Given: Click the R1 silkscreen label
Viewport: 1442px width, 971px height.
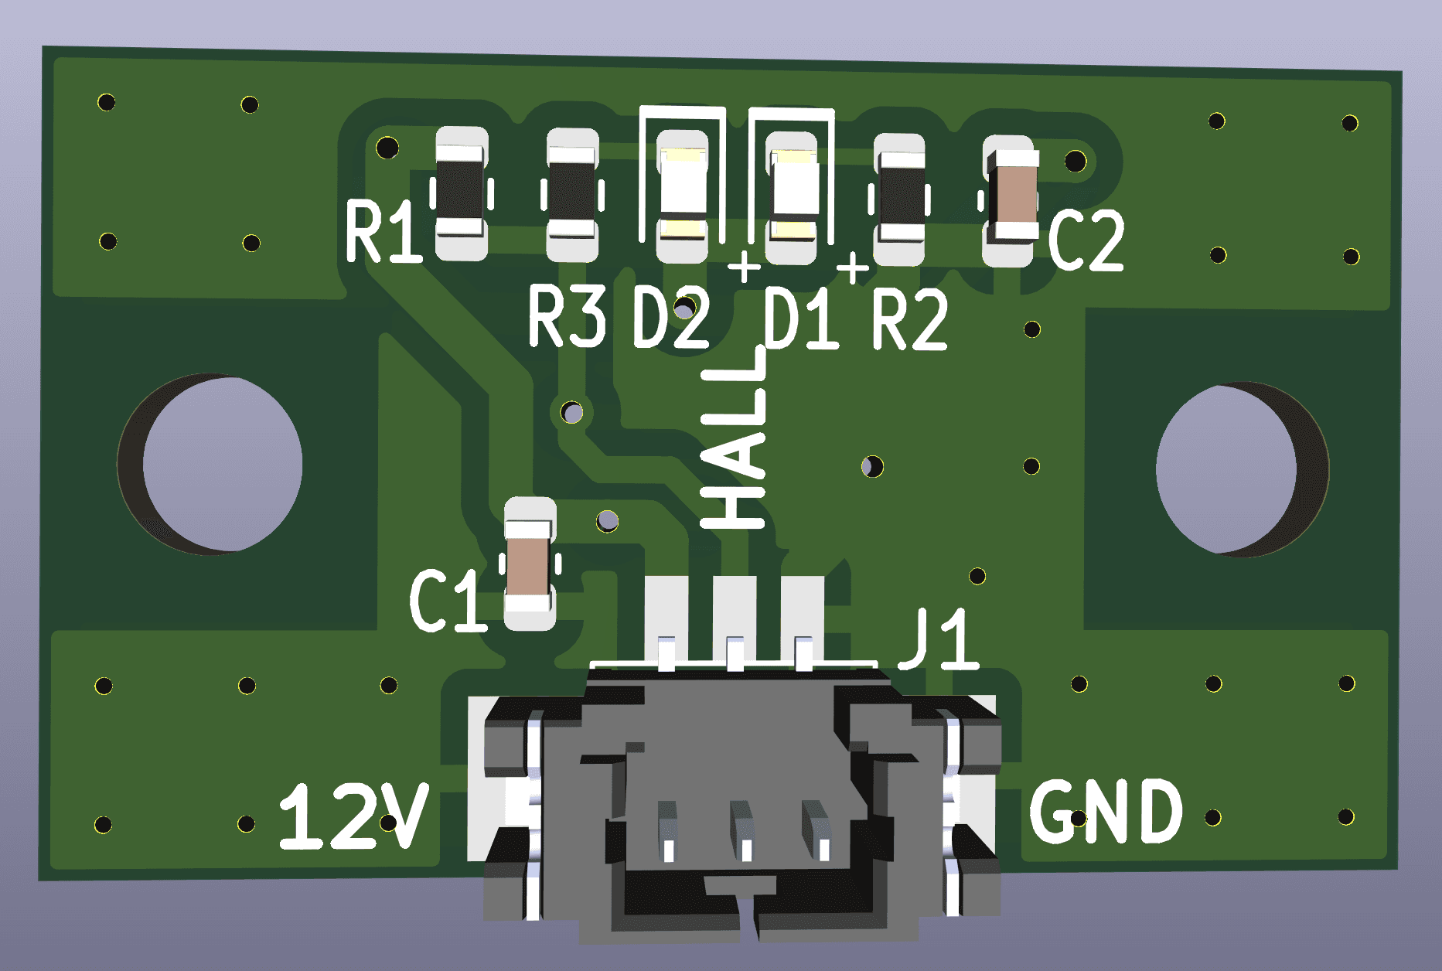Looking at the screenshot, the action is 384,230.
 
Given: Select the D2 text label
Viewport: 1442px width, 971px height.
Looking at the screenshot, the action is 671,317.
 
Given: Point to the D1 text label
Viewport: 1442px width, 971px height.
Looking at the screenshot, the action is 801,318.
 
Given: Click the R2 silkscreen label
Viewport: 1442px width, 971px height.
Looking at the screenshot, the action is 910,319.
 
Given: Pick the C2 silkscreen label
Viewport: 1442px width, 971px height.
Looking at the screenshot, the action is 1086,240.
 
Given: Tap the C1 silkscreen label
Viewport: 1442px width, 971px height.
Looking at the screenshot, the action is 448,601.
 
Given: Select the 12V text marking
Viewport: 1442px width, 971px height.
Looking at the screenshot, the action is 354,816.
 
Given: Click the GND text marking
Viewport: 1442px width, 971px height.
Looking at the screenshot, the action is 1106,811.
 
